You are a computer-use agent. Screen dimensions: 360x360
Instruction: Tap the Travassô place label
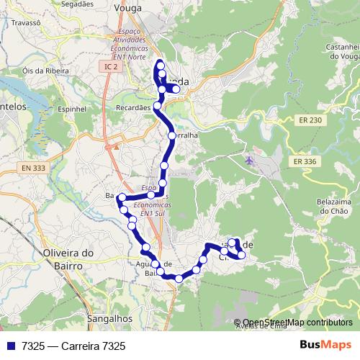coord(24,22)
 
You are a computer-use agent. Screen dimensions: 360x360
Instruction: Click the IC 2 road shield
coord(109,66)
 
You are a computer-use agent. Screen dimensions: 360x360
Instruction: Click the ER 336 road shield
coord(305,162)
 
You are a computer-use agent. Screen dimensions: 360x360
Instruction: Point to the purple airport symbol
coord(250,159)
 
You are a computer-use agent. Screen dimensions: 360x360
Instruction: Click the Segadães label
coord(80,3)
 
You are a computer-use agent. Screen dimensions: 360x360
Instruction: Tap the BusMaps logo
coord(325,346)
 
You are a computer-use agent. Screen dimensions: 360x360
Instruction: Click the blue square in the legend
coord(11,346)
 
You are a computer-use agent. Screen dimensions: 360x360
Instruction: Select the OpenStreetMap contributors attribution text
coord(297,323)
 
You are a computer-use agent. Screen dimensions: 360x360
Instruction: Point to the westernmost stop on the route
coord(122,197)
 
